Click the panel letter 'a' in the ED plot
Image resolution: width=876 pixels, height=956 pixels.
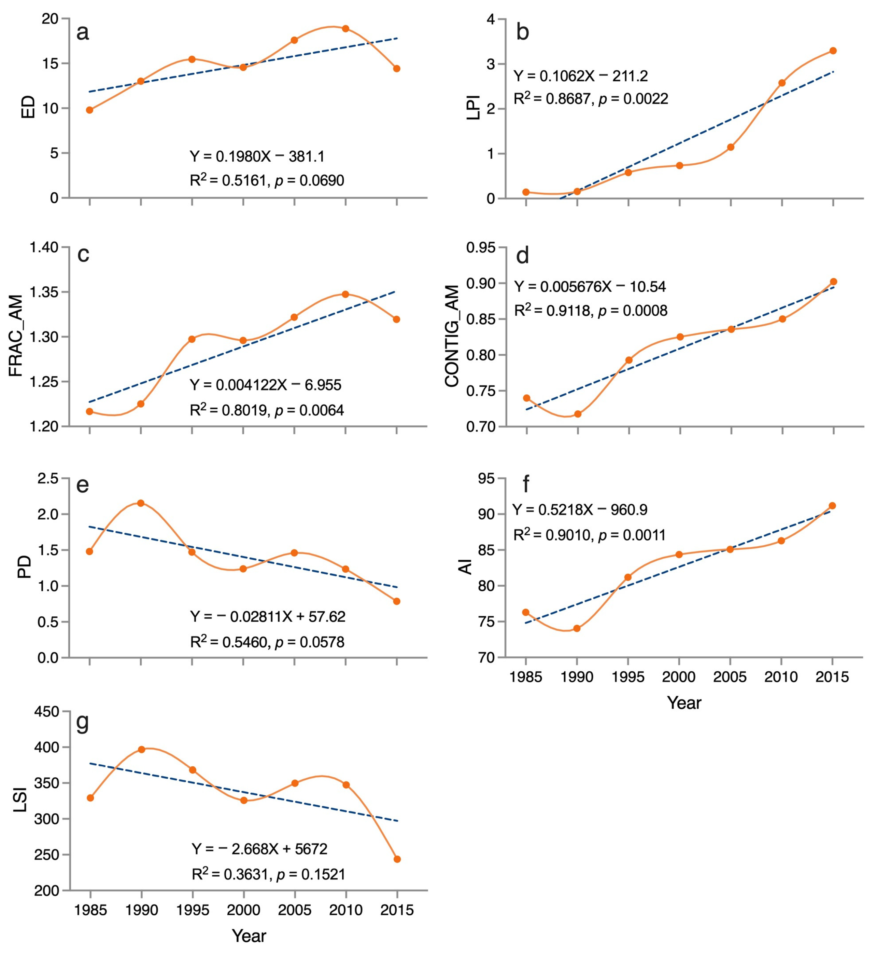(x=83, y=33)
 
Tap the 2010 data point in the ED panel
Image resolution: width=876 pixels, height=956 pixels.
(x=345, y=28)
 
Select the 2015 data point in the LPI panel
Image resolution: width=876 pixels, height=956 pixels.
(x=833, y=51)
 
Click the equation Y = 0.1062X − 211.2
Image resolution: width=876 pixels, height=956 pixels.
(x=581, y=76)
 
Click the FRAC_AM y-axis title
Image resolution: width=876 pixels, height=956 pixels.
(x=16, y=336)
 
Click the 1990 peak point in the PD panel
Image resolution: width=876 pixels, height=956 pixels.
(x=141, y=503)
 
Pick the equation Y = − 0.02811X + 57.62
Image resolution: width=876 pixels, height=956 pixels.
(x=268, y=616)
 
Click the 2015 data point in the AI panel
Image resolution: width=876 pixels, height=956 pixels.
(x=832, y=506)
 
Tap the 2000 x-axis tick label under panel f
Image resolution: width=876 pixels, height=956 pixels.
(x=679, y=677)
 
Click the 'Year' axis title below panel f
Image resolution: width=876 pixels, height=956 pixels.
(x=684, y=702)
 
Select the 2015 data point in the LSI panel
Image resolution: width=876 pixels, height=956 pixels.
(x=397, y=859)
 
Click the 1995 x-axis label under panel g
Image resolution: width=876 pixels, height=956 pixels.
(x=193, y=910)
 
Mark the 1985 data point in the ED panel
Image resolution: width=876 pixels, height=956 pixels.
(x=89, y=110)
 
